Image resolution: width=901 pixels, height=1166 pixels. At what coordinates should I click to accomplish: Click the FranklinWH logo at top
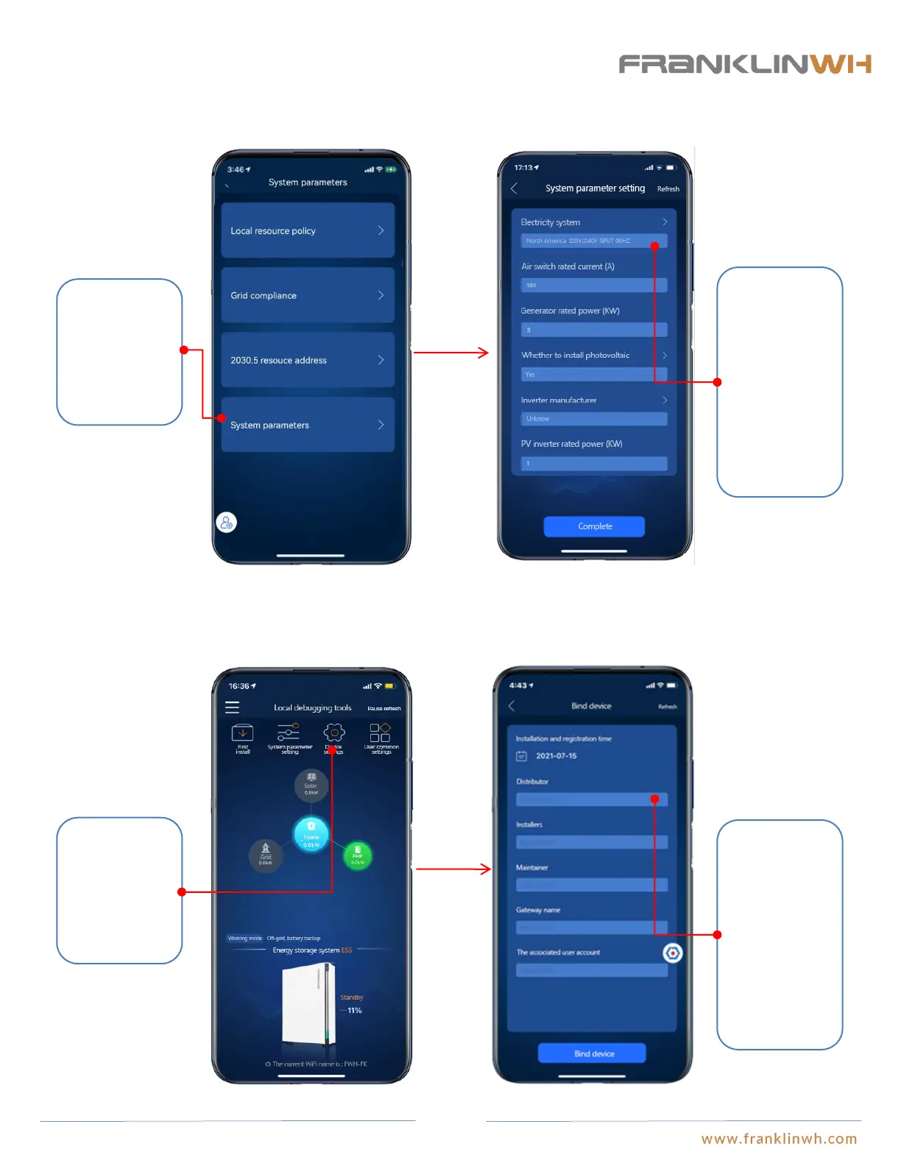pos(744,64)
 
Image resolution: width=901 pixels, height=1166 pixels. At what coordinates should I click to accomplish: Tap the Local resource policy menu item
pos(308,230)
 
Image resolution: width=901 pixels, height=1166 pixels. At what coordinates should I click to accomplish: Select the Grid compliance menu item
pos(308,295)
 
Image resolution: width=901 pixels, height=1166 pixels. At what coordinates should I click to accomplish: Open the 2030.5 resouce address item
pos(308,360)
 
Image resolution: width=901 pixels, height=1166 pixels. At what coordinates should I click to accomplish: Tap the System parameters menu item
pos(308,425)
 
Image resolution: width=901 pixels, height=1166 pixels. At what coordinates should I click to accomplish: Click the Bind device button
pos(592,1053)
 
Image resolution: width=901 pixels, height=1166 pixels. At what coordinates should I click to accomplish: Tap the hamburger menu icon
pos(232,707)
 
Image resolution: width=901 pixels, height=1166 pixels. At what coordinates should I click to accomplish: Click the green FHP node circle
pos(358,855)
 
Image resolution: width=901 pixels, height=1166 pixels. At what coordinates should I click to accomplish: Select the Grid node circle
pos(266,856)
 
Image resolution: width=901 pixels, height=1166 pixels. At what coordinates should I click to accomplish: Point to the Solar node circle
pos(311,785)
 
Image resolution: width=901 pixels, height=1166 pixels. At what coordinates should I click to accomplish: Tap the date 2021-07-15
pos(556,756)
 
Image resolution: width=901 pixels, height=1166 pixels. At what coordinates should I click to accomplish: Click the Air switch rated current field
pos(593,285)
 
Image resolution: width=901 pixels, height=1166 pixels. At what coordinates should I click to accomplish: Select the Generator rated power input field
pos(593,330)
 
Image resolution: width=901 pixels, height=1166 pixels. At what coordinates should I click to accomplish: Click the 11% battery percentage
pos(355,1011)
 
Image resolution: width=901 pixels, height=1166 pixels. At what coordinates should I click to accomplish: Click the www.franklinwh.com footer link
pos(779,1139)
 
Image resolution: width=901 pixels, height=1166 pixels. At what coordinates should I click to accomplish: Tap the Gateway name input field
pos(592,928)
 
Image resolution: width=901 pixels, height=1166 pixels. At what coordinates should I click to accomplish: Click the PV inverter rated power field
pos(593,463)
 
